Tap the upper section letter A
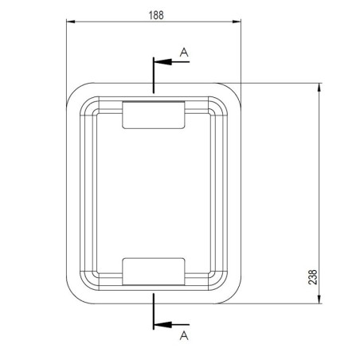coord(184,52)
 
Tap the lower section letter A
coord(184,336)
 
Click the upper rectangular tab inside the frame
coord(153,114)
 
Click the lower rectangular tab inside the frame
coord(153,271)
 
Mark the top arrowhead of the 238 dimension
coord(319,86)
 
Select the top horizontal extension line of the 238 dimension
coord(279,81)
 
